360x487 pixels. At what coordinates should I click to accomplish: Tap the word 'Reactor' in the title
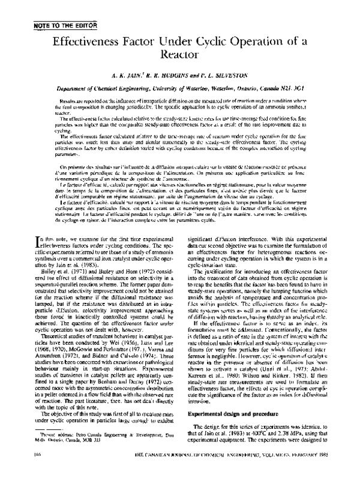click(x=180, y=56)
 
